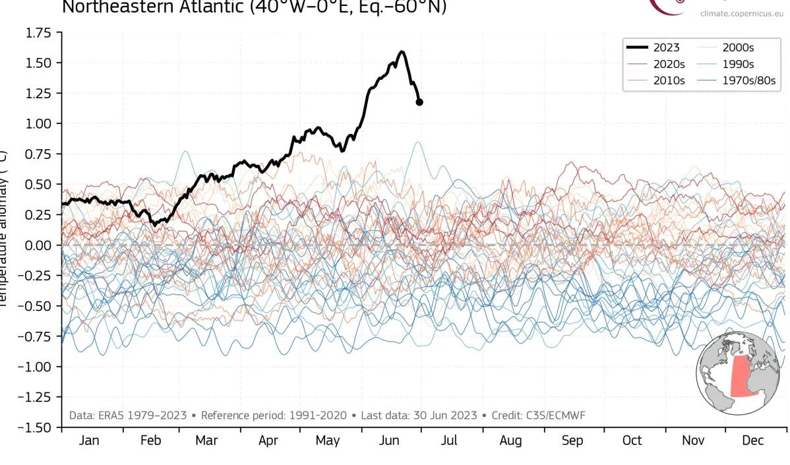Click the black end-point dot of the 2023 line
pos(419,102)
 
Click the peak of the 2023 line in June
pos(402,51)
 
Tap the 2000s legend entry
pos(738,47)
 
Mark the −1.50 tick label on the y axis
pos(36,427)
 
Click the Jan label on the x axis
pos(89,441)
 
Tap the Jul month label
pos(450,441)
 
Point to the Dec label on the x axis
pos(754,441)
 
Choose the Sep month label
pos(572,441)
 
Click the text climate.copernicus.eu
pos(741,13)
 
